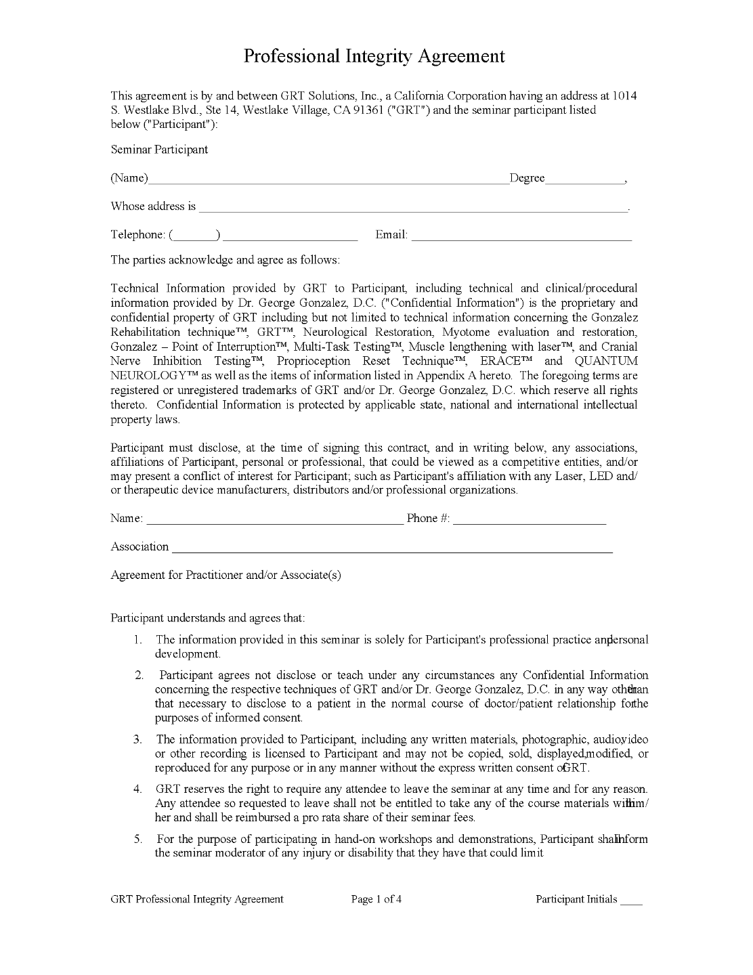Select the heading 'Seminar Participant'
(x=159, y=150)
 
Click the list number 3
(x=138, y=739)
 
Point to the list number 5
(x=138, y=839)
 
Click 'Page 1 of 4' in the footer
(x=376, y=899)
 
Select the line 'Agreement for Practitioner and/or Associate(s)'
(x=225, y=575)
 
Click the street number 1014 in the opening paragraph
(x=624, y=95)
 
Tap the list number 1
(x=138, y=639)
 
